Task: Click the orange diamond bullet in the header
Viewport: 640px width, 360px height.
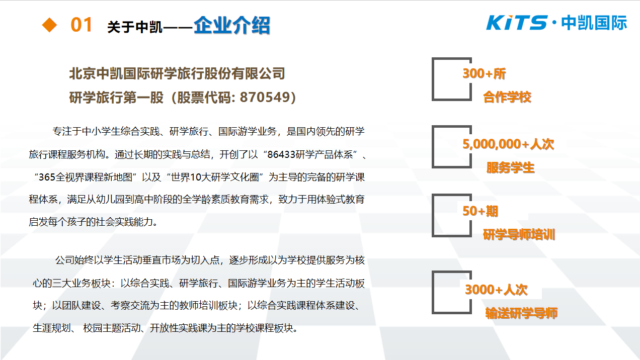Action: coord(49,25)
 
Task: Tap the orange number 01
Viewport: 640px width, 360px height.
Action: coord(82,25)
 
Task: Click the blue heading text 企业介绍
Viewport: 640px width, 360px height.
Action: coord(232,26)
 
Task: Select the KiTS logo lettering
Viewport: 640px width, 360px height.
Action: coord(517,23)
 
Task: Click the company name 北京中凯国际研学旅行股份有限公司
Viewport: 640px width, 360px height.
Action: coord(177,73)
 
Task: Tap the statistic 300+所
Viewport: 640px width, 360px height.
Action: coord(484,73)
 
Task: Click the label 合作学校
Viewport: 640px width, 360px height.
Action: coord(507,97)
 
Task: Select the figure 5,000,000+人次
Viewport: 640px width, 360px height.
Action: coord(508,144)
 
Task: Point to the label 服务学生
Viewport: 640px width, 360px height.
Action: coord(510,167)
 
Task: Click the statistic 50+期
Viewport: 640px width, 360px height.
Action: coord(481,211)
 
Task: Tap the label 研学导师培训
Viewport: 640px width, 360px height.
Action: coord(519,235)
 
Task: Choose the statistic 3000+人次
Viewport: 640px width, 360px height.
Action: coord(496,290)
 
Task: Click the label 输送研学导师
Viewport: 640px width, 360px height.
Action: coord(521,313)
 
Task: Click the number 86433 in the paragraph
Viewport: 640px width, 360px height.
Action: coord(281,154)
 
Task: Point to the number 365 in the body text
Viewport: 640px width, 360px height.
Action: coord(47,177)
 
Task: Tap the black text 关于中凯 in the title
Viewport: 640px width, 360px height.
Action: coord(134,27)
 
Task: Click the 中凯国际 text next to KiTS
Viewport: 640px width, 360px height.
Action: coord(594,23)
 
